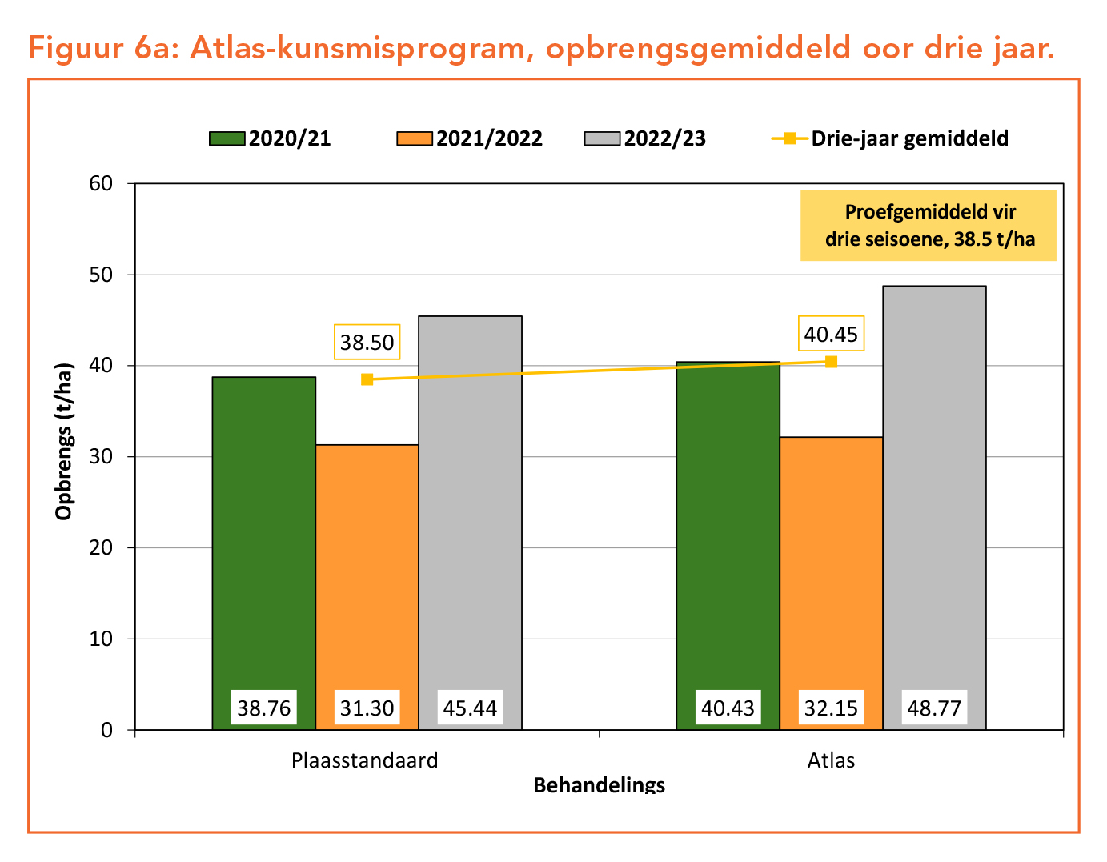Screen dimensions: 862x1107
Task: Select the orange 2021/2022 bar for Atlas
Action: (x=831, y=560)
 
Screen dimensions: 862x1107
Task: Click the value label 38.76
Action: (x=263, y=708)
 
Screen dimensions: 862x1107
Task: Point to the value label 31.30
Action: (x=367, y=708)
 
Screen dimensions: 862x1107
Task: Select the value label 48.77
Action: (x=934, y=708)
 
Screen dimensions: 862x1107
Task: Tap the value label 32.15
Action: (x=831, y=708)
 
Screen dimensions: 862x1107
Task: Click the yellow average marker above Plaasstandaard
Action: (x=367, y=379)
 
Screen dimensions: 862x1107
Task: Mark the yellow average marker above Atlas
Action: (x=831, y=362)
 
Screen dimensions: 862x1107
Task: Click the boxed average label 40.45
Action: (x=831, y=334)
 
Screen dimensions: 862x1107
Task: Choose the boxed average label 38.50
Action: (x=367, y=343)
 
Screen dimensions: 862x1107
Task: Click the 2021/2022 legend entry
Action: (x=471, y=138)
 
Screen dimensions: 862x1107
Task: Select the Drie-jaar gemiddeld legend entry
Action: (x=890, y=138)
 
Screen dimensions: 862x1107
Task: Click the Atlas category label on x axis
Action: (x=831, y=760)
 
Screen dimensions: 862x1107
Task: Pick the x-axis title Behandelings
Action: (x=599, y=784)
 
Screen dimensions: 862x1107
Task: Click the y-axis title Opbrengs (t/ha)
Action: (x=64, y=442)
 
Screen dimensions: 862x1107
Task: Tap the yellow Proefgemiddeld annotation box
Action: (x=929, y=226)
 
